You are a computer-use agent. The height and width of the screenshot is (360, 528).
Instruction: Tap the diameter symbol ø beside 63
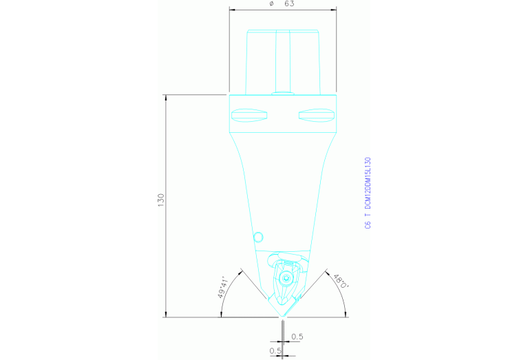(x=271, y=4)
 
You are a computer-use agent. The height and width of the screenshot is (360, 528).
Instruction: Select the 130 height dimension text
(x=161, y=201)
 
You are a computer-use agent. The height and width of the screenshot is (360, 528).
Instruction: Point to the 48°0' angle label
(x=340, y=282)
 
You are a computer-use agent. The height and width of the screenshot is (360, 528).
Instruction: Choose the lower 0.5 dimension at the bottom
(x=275, y=350)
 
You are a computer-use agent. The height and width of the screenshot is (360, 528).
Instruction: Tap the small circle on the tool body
(x=259, y=237)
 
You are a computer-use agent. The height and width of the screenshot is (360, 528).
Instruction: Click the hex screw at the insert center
(x=284, y=279)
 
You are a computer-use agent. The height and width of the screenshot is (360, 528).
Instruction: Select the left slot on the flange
(x=249, y=114)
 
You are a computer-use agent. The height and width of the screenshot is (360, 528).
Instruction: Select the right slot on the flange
(x=315, y=114)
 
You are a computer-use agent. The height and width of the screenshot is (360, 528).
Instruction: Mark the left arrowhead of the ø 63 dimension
(x=231, y=10)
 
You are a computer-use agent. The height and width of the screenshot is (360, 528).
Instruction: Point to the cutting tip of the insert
(x=282, y=315)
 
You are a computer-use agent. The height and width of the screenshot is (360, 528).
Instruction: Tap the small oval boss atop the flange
(x=282, y=92)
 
